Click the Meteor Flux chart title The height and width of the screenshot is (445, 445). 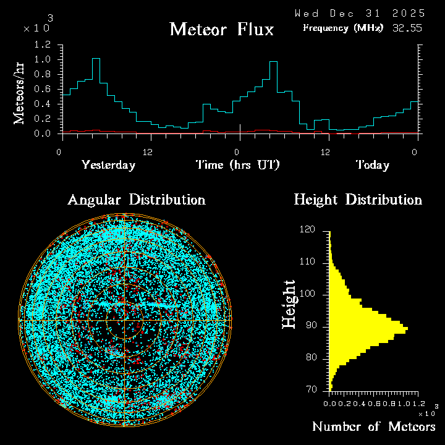221,29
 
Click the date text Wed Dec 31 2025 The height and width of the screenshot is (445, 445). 360,13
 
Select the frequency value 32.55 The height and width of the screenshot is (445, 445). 408,28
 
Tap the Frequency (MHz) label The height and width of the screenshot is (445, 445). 343,28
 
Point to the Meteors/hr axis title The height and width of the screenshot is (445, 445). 20,93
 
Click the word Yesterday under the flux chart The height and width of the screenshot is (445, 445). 108,165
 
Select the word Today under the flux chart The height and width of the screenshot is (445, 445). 372,165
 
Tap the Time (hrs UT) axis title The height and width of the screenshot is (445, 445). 238,165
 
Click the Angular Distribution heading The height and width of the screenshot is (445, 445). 136,200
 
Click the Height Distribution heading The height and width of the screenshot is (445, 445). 358,200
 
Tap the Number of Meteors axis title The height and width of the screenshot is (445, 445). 373,426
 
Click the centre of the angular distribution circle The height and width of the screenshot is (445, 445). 125,321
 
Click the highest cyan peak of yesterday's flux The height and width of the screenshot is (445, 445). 96,59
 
